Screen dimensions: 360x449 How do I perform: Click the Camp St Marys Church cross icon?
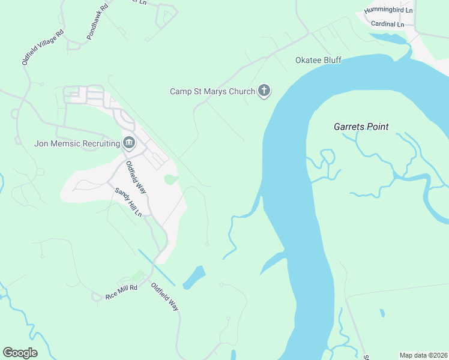click(x=264, y=91)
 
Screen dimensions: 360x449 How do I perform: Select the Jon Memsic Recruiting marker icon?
click(x=128, y=143)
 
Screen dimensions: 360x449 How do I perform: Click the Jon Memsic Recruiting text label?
click(x=77, y=143)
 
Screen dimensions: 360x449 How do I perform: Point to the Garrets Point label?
click(x=361, y=127)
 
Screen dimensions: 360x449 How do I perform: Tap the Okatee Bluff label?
click(x=318, y=61)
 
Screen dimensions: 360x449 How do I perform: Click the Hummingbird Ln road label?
click(x=393, y=10)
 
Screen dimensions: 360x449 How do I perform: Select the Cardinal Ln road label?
click(x=388, y=24)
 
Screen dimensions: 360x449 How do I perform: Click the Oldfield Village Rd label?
click(x=43, y=47)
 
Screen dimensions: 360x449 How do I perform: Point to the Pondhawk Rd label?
click(x=97, y=22)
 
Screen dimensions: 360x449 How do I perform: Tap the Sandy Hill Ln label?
click(x=128, y=201)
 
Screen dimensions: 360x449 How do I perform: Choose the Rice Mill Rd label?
click(x=122, y=292)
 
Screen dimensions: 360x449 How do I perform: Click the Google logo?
click(x=20, y=353)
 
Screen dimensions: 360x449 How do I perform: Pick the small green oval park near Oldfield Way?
click(x=171, y=179)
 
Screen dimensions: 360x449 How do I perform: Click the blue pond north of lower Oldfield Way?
click(x=194, y=277)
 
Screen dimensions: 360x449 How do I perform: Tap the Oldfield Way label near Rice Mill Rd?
click(x=165, y=296)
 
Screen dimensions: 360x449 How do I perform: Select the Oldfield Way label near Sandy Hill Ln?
click(x=136, y=176)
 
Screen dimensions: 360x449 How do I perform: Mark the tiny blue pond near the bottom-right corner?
click(x=382, y=313)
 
